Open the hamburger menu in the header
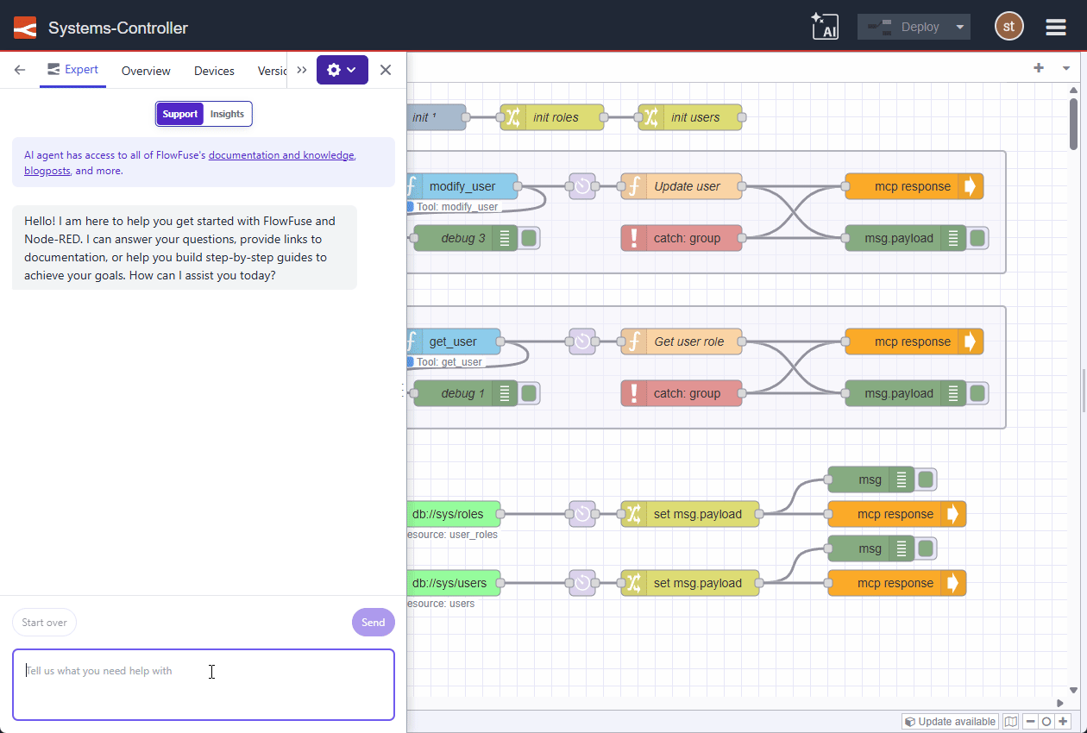[x=1056, y=28]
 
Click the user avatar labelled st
[x=1008, y=27]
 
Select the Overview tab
[x=146, y=71]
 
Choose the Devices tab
[x=214, y=71]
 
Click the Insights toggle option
[x=227, y=114]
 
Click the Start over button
[x=44, y=623]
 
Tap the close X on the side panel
[x=386, y=70]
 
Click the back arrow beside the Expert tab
[x=20, y=70]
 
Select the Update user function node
[x=687, y=186]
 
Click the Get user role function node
[x=688, y=341]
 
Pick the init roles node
[x=556, y=117]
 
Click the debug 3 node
[x=462, y=238]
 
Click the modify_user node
[x=462, y=186]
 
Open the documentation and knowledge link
[x=280, y=155]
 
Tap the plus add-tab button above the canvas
[x=1039, y=68]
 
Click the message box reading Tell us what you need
[x=203, y=684]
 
